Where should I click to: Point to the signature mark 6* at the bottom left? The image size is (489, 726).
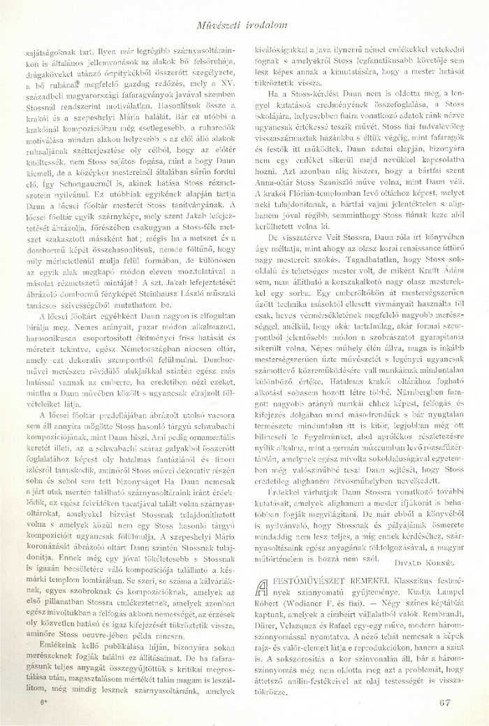click(x=44, y=702)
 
